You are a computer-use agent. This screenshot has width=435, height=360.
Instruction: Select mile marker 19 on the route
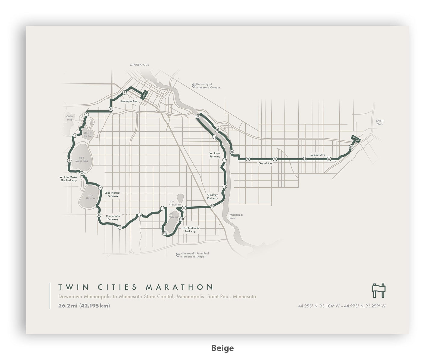pos(198,117)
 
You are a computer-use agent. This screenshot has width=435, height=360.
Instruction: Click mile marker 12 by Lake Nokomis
pos(164,233)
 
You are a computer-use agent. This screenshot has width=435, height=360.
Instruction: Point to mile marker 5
pos(69,161)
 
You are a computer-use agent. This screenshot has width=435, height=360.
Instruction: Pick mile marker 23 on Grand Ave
pos(275,159)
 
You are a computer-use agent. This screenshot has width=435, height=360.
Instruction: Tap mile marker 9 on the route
pos(120,227)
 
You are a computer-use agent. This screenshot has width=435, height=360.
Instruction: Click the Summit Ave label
pos(318,155)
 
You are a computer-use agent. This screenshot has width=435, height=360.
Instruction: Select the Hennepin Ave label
pos(129,101)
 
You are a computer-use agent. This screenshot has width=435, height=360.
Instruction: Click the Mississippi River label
pos(236,217)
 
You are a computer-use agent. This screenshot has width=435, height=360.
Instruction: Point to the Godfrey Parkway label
pos(213,197)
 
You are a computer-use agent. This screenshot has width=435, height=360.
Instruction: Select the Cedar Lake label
pos(70,118)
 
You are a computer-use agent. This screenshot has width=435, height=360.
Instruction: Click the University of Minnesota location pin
pos(194,86)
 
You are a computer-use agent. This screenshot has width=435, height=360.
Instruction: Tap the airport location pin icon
pos(178,255)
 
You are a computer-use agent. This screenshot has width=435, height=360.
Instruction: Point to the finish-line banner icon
pos(379,290)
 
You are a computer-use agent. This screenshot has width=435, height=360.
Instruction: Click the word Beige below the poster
pos(222,348)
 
